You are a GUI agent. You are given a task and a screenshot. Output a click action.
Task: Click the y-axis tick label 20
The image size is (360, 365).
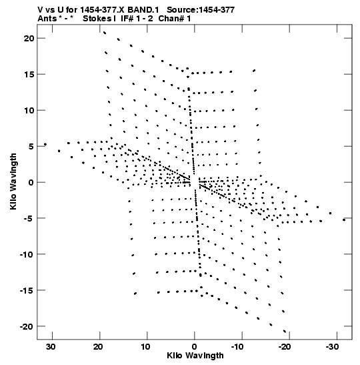[29, 39]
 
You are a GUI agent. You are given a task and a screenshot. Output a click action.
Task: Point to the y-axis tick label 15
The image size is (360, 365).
[29, 75]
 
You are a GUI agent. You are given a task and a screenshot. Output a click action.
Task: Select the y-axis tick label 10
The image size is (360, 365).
[29, 110]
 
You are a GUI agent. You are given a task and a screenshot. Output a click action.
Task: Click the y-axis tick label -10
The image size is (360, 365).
[27, 254]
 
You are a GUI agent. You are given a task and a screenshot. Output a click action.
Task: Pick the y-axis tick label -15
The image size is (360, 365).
[27, 290]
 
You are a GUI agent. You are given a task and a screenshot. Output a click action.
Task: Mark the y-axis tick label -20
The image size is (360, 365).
[27, 326]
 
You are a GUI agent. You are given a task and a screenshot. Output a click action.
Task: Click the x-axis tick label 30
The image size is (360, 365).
[51, 347]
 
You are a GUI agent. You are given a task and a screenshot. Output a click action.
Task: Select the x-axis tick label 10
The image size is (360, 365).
[145, 347]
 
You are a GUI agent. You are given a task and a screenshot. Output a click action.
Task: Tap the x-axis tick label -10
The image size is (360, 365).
[237, 347]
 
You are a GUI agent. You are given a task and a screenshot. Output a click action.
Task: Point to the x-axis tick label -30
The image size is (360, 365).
[332, 347]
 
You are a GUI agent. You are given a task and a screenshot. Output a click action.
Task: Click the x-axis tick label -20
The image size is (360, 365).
[285, 347]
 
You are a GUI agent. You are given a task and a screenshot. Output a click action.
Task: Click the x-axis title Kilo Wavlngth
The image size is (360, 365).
[195, 356]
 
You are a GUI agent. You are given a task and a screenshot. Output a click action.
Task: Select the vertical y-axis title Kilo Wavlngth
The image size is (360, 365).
[13, 181]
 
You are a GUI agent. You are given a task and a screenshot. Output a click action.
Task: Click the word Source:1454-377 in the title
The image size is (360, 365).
[201, 10]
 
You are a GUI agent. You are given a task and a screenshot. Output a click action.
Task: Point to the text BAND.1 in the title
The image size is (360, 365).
[143, 10]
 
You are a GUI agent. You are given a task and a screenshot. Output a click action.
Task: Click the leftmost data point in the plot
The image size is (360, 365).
[45, 144]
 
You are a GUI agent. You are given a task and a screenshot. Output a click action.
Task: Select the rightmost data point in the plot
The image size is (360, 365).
[344, 220]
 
